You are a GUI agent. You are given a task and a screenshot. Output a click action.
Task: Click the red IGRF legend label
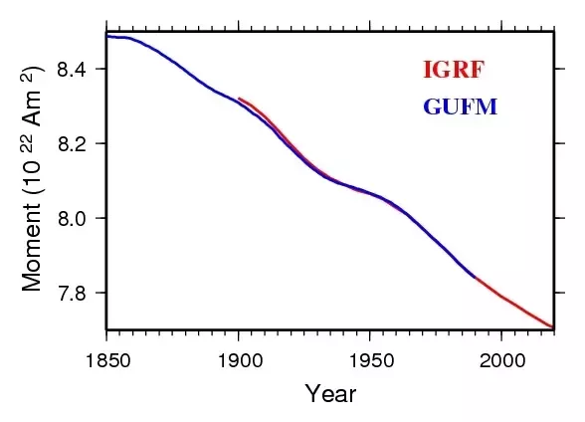click(454, 70)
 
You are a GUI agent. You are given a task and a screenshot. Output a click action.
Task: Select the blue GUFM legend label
click(461, 106)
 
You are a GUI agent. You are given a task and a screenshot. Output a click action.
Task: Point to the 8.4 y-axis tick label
click(71, 69)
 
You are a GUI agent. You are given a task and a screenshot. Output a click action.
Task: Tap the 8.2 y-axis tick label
click(71, 143)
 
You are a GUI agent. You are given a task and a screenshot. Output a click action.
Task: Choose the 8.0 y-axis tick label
click(71, 218)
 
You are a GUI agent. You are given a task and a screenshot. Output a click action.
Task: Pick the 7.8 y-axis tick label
click(71, 293)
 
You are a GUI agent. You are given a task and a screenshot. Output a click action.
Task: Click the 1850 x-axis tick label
click(108, 361)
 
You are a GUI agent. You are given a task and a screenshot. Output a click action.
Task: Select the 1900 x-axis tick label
click(240, 361)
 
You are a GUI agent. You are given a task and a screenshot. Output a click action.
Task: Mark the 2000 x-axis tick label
click(502, 361)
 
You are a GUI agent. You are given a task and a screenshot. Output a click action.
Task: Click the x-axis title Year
click(330, 394)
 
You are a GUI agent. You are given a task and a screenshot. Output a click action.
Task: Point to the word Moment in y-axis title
click(32, 247)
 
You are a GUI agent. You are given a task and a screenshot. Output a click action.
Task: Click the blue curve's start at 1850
click(107, 36)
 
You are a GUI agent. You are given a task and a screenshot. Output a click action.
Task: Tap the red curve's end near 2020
click(553, 327)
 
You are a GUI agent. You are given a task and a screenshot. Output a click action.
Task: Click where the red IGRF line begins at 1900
click(239, 99)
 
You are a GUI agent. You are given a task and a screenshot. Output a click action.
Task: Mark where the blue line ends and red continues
click(476, 278)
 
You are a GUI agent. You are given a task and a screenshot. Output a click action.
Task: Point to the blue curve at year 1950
click(370, 193)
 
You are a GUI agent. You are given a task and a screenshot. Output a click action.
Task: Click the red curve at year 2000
click(501, 297)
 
